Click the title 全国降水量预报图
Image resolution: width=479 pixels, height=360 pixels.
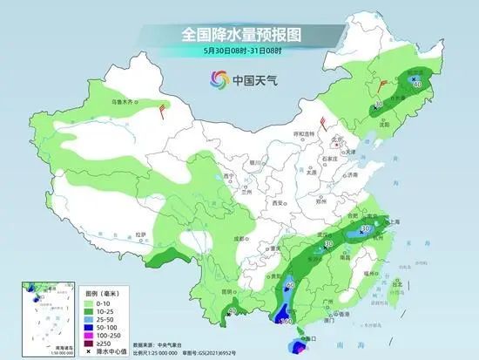click(239, 34)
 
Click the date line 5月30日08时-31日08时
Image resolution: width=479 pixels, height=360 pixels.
click(239, 53)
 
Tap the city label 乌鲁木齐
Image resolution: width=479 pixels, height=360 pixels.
click(123, 102)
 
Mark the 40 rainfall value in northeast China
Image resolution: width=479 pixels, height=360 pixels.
click(418, 84)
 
